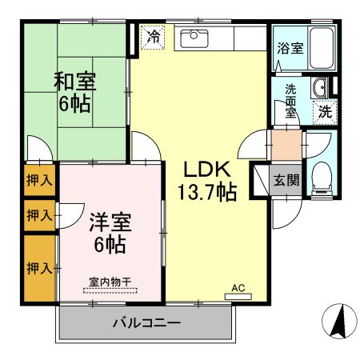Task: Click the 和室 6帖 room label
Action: [x=75, y=92]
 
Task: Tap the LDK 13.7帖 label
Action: [x=207, y=181]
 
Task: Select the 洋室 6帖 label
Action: [x=110, y=233]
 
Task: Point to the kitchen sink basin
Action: [x=194, y=38]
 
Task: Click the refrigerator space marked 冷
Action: [x=153, y=38]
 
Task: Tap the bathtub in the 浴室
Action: [x=321, y=48]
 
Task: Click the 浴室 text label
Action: [x=290, y=48]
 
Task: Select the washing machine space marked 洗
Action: [x=325, y=112]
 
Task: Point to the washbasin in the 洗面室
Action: [x=319, y=88]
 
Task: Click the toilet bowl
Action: [x=322, y=178]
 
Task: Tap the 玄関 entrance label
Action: [x=286, y=180]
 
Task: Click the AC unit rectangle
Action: [x=238, y=297]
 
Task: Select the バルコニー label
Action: [x=146, y=323]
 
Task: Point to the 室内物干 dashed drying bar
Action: [x=110, y=290]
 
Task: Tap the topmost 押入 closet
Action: [x=39, y=180]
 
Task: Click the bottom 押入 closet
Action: [x=39, y=268]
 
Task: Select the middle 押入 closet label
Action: [x=39, y=215]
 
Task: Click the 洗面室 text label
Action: [x=290, y=102]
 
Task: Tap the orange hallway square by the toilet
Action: [x=286, y=145]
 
